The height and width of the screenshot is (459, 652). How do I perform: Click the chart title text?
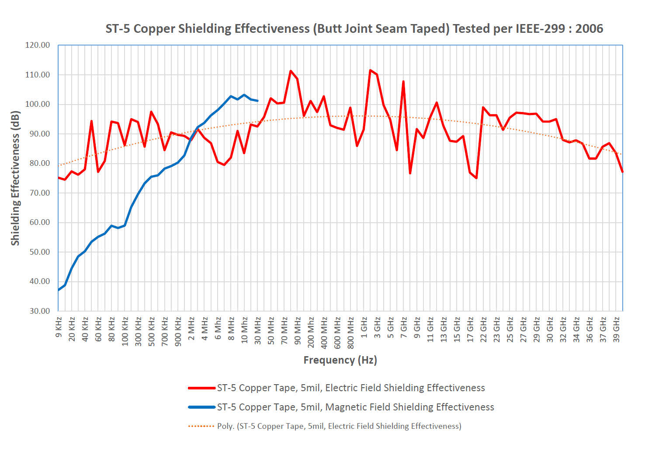[x=354, y=29]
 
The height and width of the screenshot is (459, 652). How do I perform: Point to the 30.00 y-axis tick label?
[x=40, y=311]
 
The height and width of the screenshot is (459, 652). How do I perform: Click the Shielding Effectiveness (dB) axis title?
[x=16, y=178]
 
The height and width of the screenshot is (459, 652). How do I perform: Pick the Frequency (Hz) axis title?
[x=340, y=360]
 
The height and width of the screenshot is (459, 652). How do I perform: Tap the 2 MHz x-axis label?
[x=191, y=329]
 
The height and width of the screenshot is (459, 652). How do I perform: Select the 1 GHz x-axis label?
[x=364, y=329]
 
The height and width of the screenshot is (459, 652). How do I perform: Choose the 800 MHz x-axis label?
[x=350, y=333]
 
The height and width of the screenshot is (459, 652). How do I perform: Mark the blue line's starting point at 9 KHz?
[x=59, y=290]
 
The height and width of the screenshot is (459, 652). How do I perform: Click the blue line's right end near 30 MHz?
[x=257, y=101]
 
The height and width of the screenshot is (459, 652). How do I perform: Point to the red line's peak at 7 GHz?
[x=403, y=81]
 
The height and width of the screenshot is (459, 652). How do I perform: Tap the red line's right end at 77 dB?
[x=622, y=172]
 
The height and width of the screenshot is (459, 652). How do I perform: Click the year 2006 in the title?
[x=589, y=29]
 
